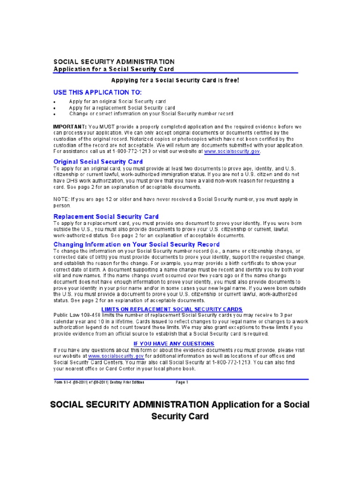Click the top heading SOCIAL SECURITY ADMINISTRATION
click(x=114, y=61)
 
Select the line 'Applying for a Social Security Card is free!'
click(x=175, y=80)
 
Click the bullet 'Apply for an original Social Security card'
click(x=117, y=101)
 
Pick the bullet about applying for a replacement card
click(x=122, y=107)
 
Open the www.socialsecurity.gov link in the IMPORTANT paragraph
click(x=232, y=151)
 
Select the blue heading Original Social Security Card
click(x=98, y=162)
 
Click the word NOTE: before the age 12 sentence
click(x=62, y=199)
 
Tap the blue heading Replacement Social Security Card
click(x=106, y=217)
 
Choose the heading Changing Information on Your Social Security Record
click(x=136, y=244)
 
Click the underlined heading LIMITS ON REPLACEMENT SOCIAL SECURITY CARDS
click(x=172, y=309)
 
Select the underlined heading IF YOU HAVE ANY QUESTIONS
click(x=173, y=344)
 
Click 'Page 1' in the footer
click(x=182, y=382)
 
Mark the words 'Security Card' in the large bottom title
click(x=180, y=416)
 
